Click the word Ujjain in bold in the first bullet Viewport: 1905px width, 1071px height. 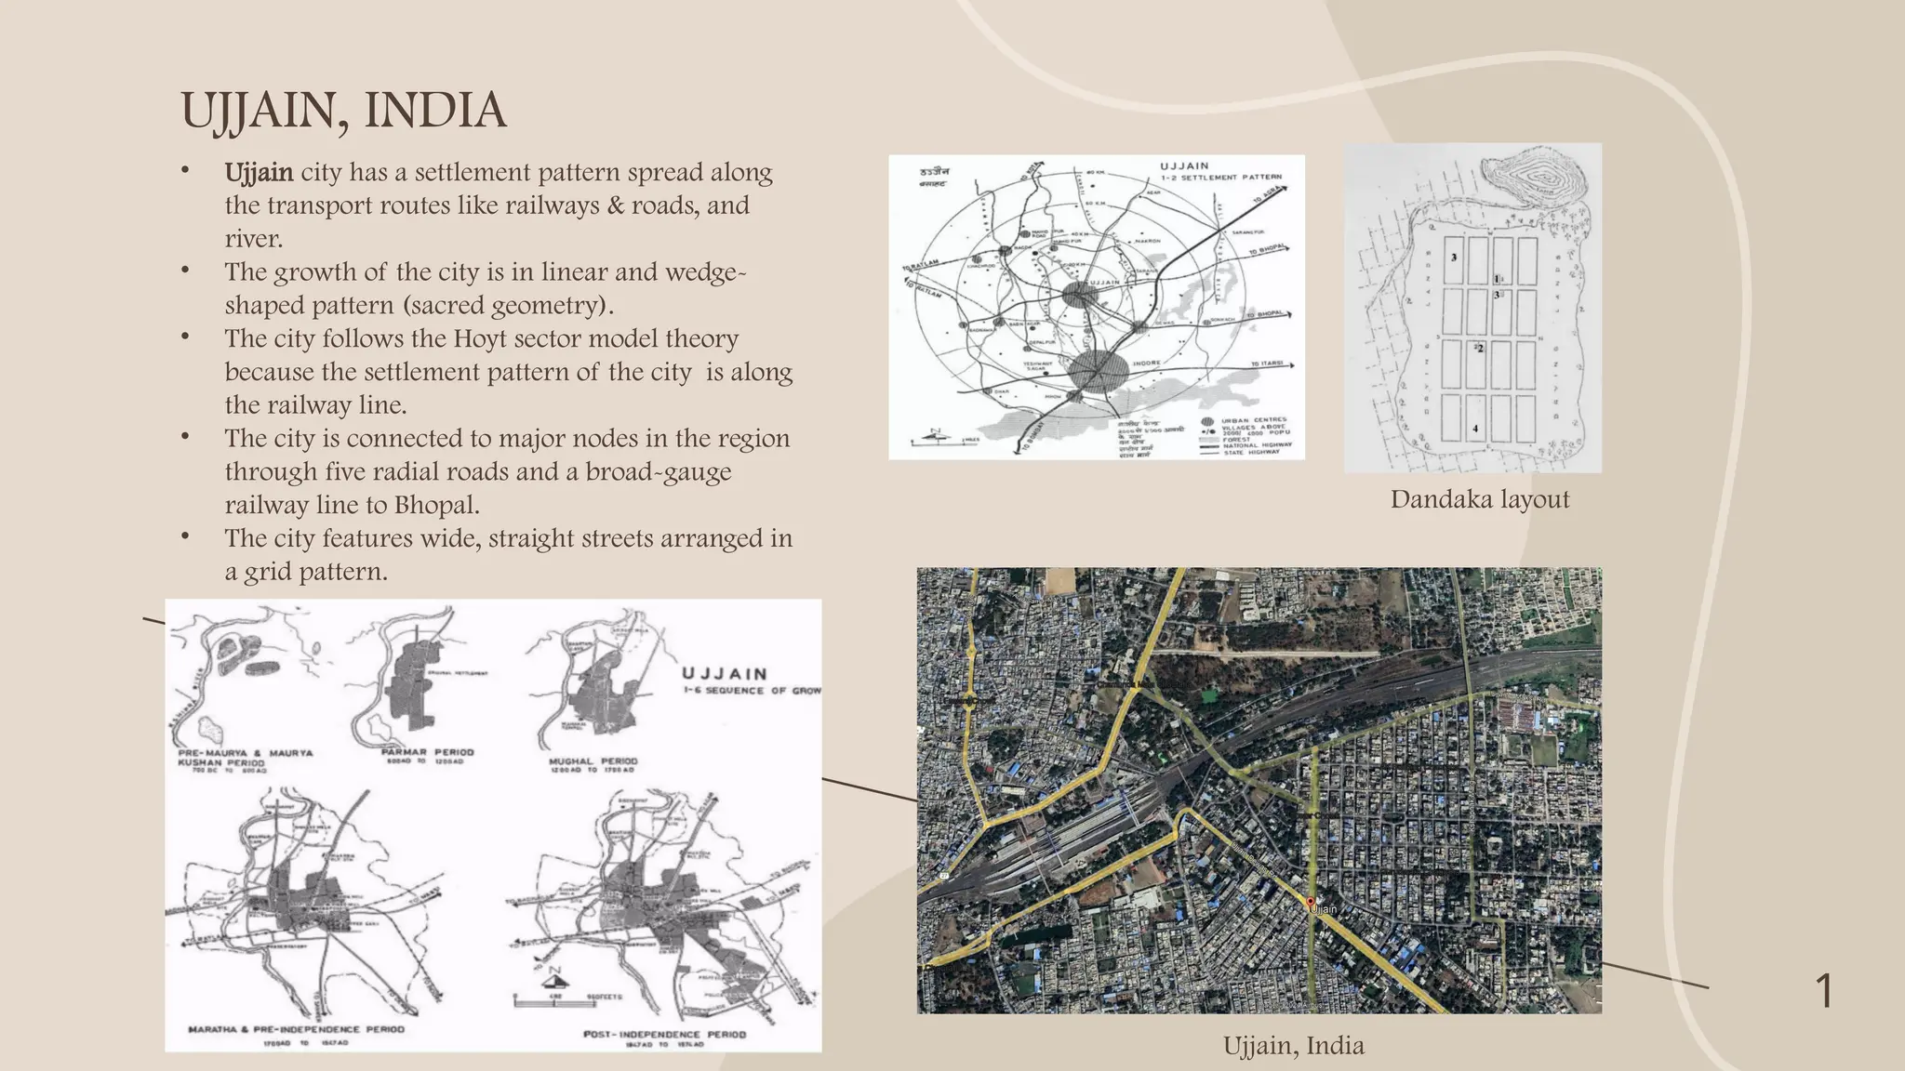259,173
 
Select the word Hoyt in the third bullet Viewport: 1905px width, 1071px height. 483,339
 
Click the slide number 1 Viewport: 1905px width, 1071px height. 1824,991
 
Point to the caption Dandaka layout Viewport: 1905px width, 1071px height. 1479,500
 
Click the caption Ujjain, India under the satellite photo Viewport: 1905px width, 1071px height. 1293,1046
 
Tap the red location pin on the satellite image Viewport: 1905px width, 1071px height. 1311,902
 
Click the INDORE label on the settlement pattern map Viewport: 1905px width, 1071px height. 1146,362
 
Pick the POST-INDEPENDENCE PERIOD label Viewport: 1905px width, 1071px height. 664,1034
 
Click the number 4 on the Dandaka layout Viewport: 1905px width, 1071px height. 1475,430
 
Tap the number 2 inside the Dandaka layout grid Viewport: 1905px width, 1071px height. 1480,349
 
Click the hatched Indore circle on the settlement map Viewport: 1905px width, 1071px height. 1098,372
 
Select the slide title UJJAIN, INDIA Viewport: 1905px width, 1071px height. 343,111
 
